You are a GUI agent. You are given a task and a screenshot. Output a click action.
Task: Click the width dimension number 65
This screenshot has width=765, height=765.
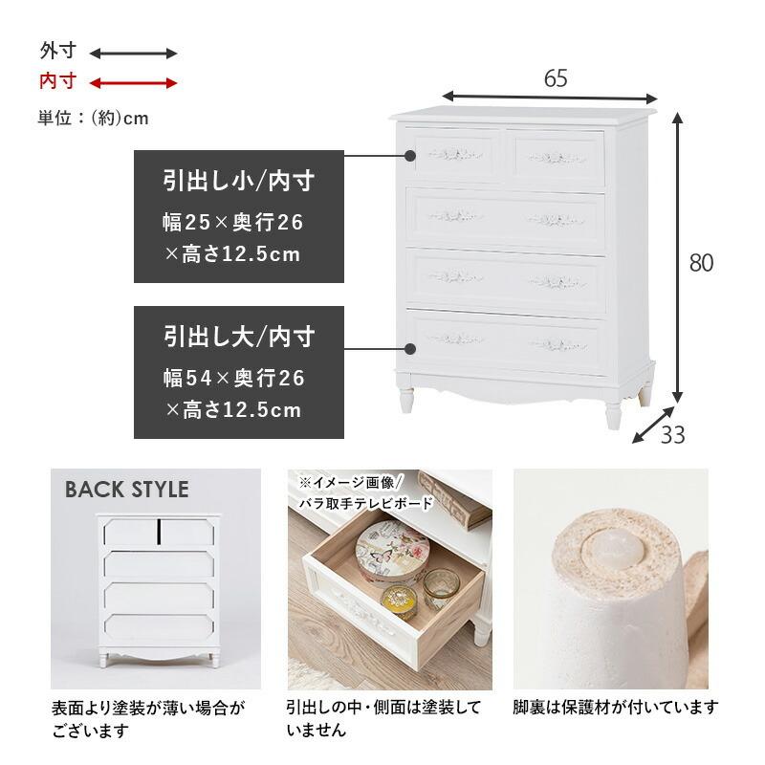coord(556,79)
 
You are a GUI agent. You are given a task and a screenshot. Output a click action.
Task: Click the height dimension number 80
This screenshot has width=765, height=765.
coord(702,263)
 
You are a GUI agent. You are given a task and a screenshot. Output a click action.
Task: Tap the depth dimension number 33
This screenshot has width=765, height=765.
coord(673,435)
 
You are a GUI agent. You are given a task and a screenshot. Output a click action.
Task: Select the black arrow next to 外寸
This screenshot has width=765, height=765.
coord(134,54)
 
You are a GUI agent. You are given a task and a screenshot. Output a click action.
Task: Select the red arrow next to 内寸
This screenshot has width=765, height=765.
coord(134,83)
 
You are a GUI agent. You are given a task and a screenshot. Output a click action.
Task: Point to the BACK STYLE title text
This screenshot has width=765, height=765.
coord(126,490)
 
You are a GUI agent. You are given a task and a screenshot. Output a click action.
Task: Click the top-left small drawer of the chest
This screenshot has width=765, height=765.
coord(455,154)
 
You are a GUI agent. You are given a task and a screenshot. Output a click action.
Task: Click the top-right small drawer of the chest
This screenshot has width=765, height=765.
coord(558,155)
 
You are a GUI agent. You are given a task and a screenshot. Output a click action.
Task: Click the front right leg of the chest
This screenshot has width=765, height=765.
coord(612,411)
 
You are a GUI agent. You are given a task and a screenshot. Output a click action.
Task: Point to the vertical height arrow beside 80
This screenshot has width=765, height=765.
coord(678,258)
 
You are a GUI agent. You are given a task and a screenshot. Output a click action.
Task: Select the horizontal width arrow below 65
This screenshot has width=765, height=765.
coord(550,98)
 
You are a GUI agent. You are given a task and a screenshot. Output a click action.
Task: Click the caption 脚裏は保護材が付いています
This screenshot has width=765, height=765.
coord(615,708)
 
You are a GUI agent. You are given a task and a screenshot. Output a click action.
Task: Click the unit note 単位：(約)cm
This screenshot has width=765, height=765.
coord(94,118)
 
